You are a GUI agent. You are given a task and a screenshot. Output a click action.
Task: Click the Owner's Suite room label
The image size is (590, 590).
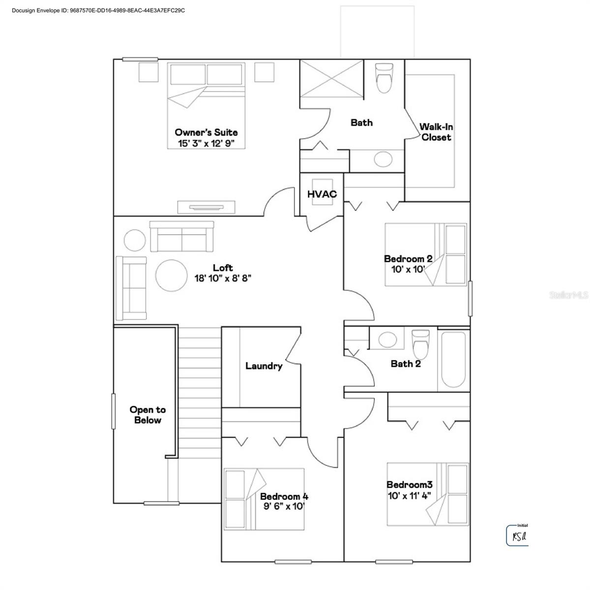[206, 132]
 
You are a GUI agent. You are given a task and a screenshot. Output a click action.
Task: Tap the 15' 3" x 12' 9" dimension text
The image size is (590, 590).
[206, 143]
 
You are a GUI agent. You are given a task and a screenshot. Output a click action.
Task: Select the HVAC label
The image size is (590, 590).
[322, 194]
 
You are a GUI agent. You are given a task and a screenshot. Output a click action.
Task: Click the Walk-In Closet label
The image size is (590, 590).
[436, 132]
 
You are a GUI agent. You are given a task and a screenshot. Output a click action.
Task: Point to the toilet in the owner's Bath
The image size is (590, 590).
[383, 78]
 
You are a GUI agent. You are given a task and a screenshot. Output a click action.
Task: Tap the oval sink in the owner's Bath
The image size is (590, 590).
[383, 159]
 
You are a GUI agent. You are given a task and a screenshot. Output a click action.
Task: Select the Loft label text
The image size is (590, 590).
[223, 268]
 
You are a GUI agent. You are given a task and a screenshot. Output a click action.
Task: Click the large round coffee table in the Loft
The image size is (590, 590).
[171, 275]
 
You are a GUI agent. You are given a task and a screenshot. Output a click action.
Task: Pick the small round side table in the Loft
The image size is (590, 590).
[135, 240]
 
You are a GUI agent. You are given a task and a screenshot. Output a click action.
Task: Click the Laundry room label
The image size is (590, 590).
[264, 366]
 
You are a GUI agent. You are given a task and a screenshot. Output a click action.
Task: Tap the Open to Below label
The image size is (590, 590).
[147, 415]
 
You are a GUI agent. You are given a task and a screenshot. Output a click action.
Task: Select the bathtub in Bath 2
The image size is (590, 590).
[453, 360]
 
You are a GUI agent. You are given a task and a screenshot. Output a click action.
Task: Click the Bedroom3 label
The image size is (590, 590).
[409, 485]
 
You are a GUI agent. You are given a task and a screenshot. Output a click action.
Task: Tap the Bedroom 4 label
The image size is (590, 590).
[284, 496]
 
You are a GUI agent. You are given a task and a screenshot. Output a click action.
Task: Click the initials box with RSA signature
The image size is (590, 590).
[517, 535]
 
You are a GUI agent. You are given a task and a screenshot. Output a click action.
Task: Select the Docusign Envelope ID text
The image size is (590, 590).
[98, 10]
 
